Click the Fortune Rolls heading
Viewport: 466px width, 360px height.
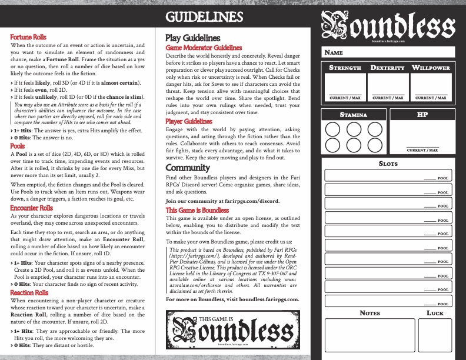coord(29,37)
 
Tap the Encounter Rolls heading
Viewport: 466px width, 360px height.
coord(32,208)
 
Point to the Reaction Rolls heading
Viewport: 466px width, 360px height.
coord(29,292)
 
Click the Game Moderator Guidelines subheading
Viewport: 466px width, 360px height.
coord(204,47)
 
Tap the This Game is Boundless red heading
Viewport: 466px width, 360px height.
coord(197,209)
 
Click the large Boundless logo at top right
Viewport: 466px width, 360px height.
coord(388,26)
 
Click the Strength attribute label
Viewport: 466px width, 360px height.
coord(345,68)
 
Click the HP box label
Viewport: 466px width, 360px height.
coord(421,115)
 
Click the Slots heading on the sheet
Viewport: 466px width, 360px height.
coord(389,164)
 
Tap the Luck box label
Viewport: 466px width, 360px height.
coord(435,313)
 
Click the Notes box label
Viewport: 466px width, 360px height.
coord(370,313)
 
